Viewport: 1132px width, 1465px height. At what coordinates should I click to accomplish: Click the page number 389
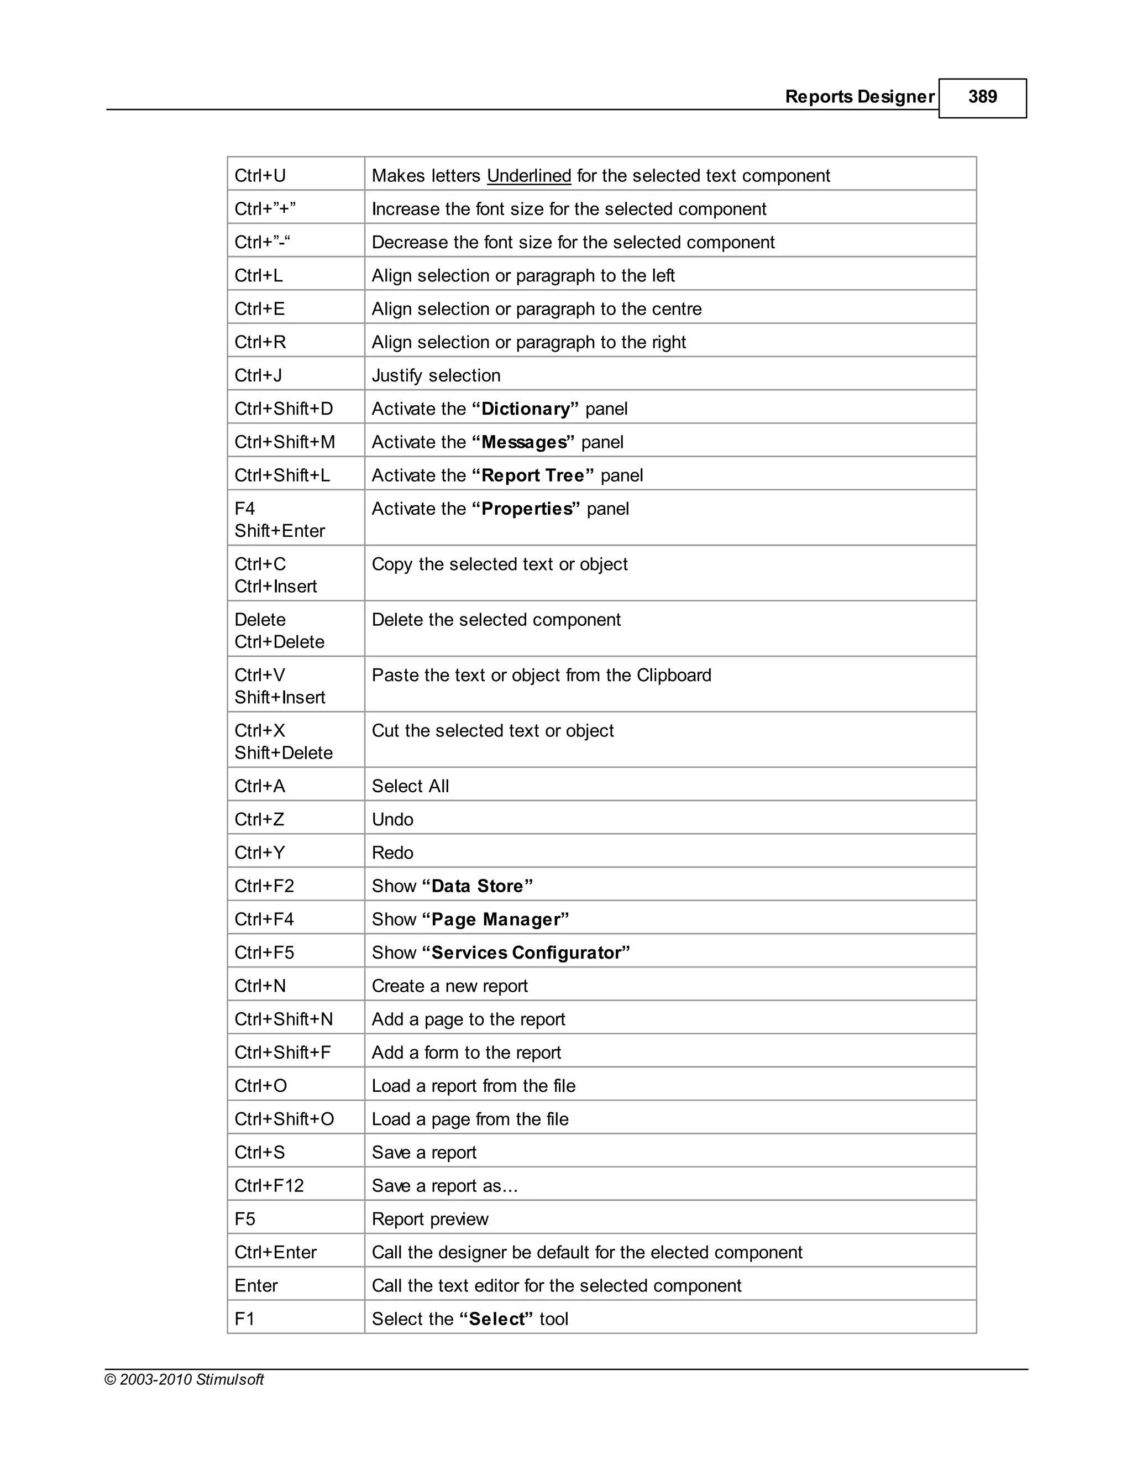982,97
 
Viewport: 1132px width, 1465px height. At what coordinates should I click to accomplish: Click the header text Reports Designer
859,97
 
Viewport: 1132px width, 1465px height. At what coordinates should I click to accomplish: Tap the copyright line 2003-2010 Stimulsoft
185,1379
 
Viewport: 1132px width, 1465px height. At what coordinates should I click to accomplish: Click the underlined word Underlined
528,176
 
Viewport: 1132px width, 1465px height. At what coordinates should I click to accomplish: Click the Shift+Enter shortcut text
280,531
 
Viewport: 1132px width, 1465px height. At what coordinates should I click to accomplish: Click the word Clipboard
673,675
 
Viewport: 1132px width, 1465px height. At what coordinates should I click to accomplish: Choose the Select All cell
411,786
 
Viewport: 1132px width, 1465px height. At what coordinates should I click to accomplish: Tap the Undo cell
392,820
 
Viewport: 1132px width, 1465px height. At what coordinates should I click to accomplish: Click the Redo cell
392,852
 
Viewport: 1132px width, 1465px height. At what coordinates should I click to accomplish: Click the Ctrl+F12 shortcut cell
269,1186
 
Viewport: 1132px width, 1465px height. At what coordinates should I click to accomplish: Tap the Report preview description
430,1219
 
